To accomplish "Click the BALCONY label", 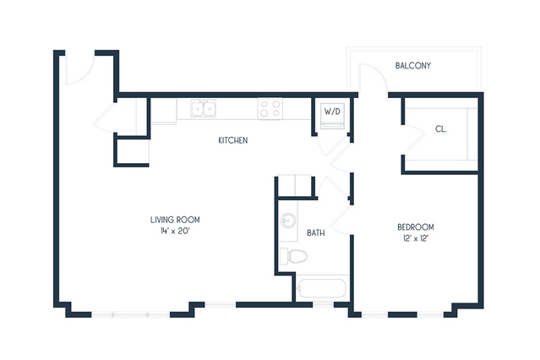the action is (x=413, y=65).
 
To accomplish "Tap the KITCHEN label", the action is (x=233, y=140).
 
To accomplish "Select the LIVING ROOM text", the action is (x=175, y=220).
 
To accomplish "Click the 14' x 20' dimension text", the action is (x=175, y=232).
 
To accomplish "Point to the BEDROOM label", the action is (x=416, y=227).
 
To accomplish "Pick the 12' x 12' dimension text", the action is (x=416, y=238).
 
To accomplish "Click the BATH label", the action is (x=316, y=233).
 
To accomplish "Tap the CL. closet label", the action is (x=441, y=129).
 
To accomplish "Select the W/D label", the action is (x=332, y=112).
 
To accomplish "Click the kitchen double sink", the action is (x=204, y=108).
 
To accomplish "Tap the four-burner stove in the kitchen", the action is (x=270, y=108).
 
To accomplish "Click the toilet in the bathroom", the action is (x=293, y=256).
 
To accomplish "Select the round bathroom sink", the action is (x=288, y=221).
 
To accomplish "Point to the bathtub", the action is (x=322, y=288).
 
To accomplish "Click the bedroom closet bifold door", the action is (x=413, y=140).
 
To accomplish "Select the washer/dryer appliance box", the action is (x=332, y=116).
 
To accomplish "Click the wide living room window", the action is (x=130, y=314).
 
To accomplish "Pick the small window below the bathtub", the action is (x=324, y=305).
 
